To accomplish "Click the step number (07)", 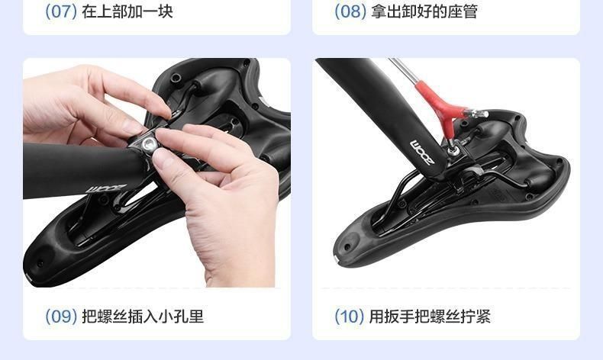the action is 61,11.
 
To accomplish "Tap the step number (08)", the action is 350,11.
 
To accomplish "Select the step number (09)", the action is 61,317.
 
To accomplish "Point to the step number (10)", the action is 349,317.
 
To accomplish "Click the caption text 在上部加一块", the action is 127,11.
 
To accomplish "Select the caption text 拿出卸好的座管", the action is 424,11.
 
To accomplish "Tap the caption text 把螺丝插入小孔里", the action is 143,317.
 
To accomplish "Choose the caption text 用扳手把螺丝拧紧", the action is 430,317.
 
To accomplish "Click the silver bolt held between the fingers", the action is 148,144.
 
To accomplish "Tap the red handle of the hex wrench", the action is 442,106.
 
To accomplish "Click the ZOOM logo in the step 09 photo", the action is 106,189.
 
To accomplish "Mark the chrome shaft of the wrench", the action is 403,70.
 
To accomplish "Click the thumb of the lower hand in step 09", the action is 166,162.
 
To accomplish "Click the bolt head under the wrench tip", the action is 454,151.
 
